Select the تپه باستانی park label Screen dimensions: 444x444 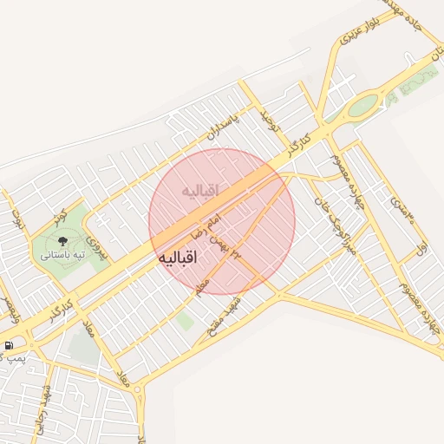pyautogui.click(x=62, y=256)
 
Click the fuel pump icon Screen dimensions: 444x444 pyautogui.click(x=9, y=345)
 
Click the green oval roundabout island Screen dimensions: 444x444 pyautogui.click(x=363, y=106)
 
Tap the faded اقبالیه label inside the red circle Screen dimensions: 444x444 pyautogui.click(x=200, y=189)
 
